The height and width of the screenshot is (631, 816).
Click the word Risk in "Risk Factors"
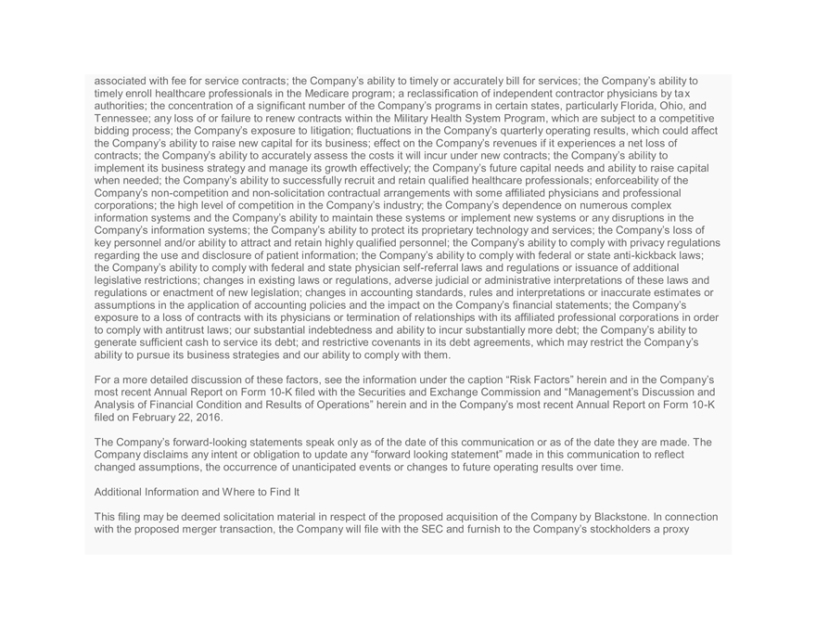coord(498,380)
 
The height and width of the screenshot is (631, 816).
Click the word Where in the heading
coord(239,492)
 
